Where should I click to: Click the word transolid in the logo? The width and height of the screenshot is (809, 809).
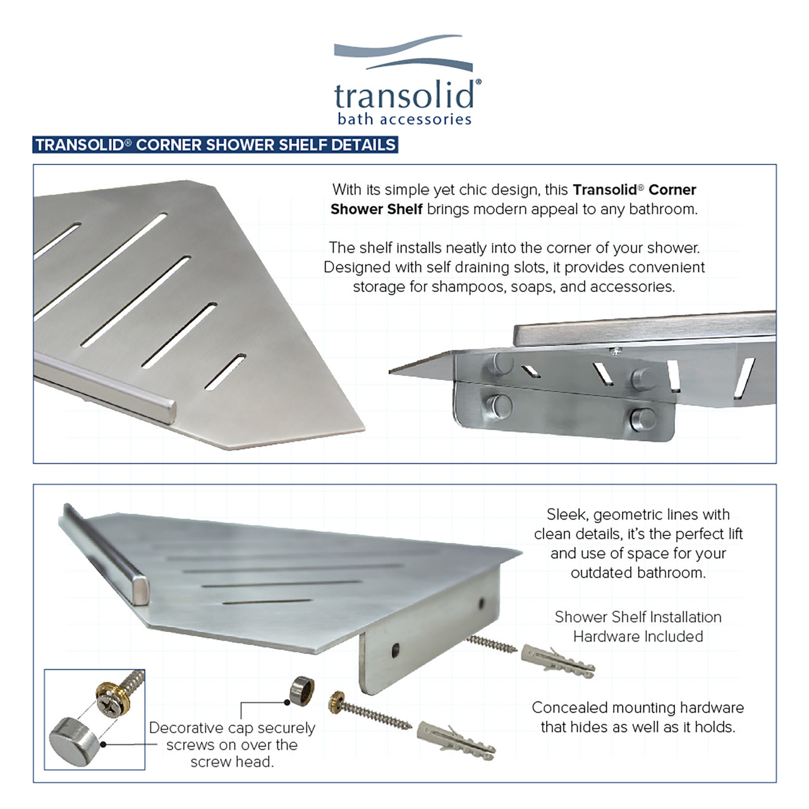(x=405, y=95)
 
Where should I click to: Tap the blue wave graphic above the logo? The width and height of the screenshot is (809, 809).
(x=403, y=53)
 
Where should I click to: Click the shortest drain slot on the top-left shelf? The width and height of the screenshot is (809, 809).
(x=225, y=372)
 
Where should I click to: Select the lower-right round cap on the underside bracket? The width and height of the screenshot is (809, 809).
(x=642, y=420)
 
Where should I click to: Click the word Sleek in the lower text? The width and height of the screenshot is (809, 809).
(x=566, y=514)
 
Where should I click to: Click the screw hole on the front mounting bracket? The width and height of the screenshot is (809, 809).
(x=396, y=650)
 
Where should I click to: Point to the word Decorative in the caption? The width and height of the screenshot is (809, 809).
(x=186, y=728)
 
